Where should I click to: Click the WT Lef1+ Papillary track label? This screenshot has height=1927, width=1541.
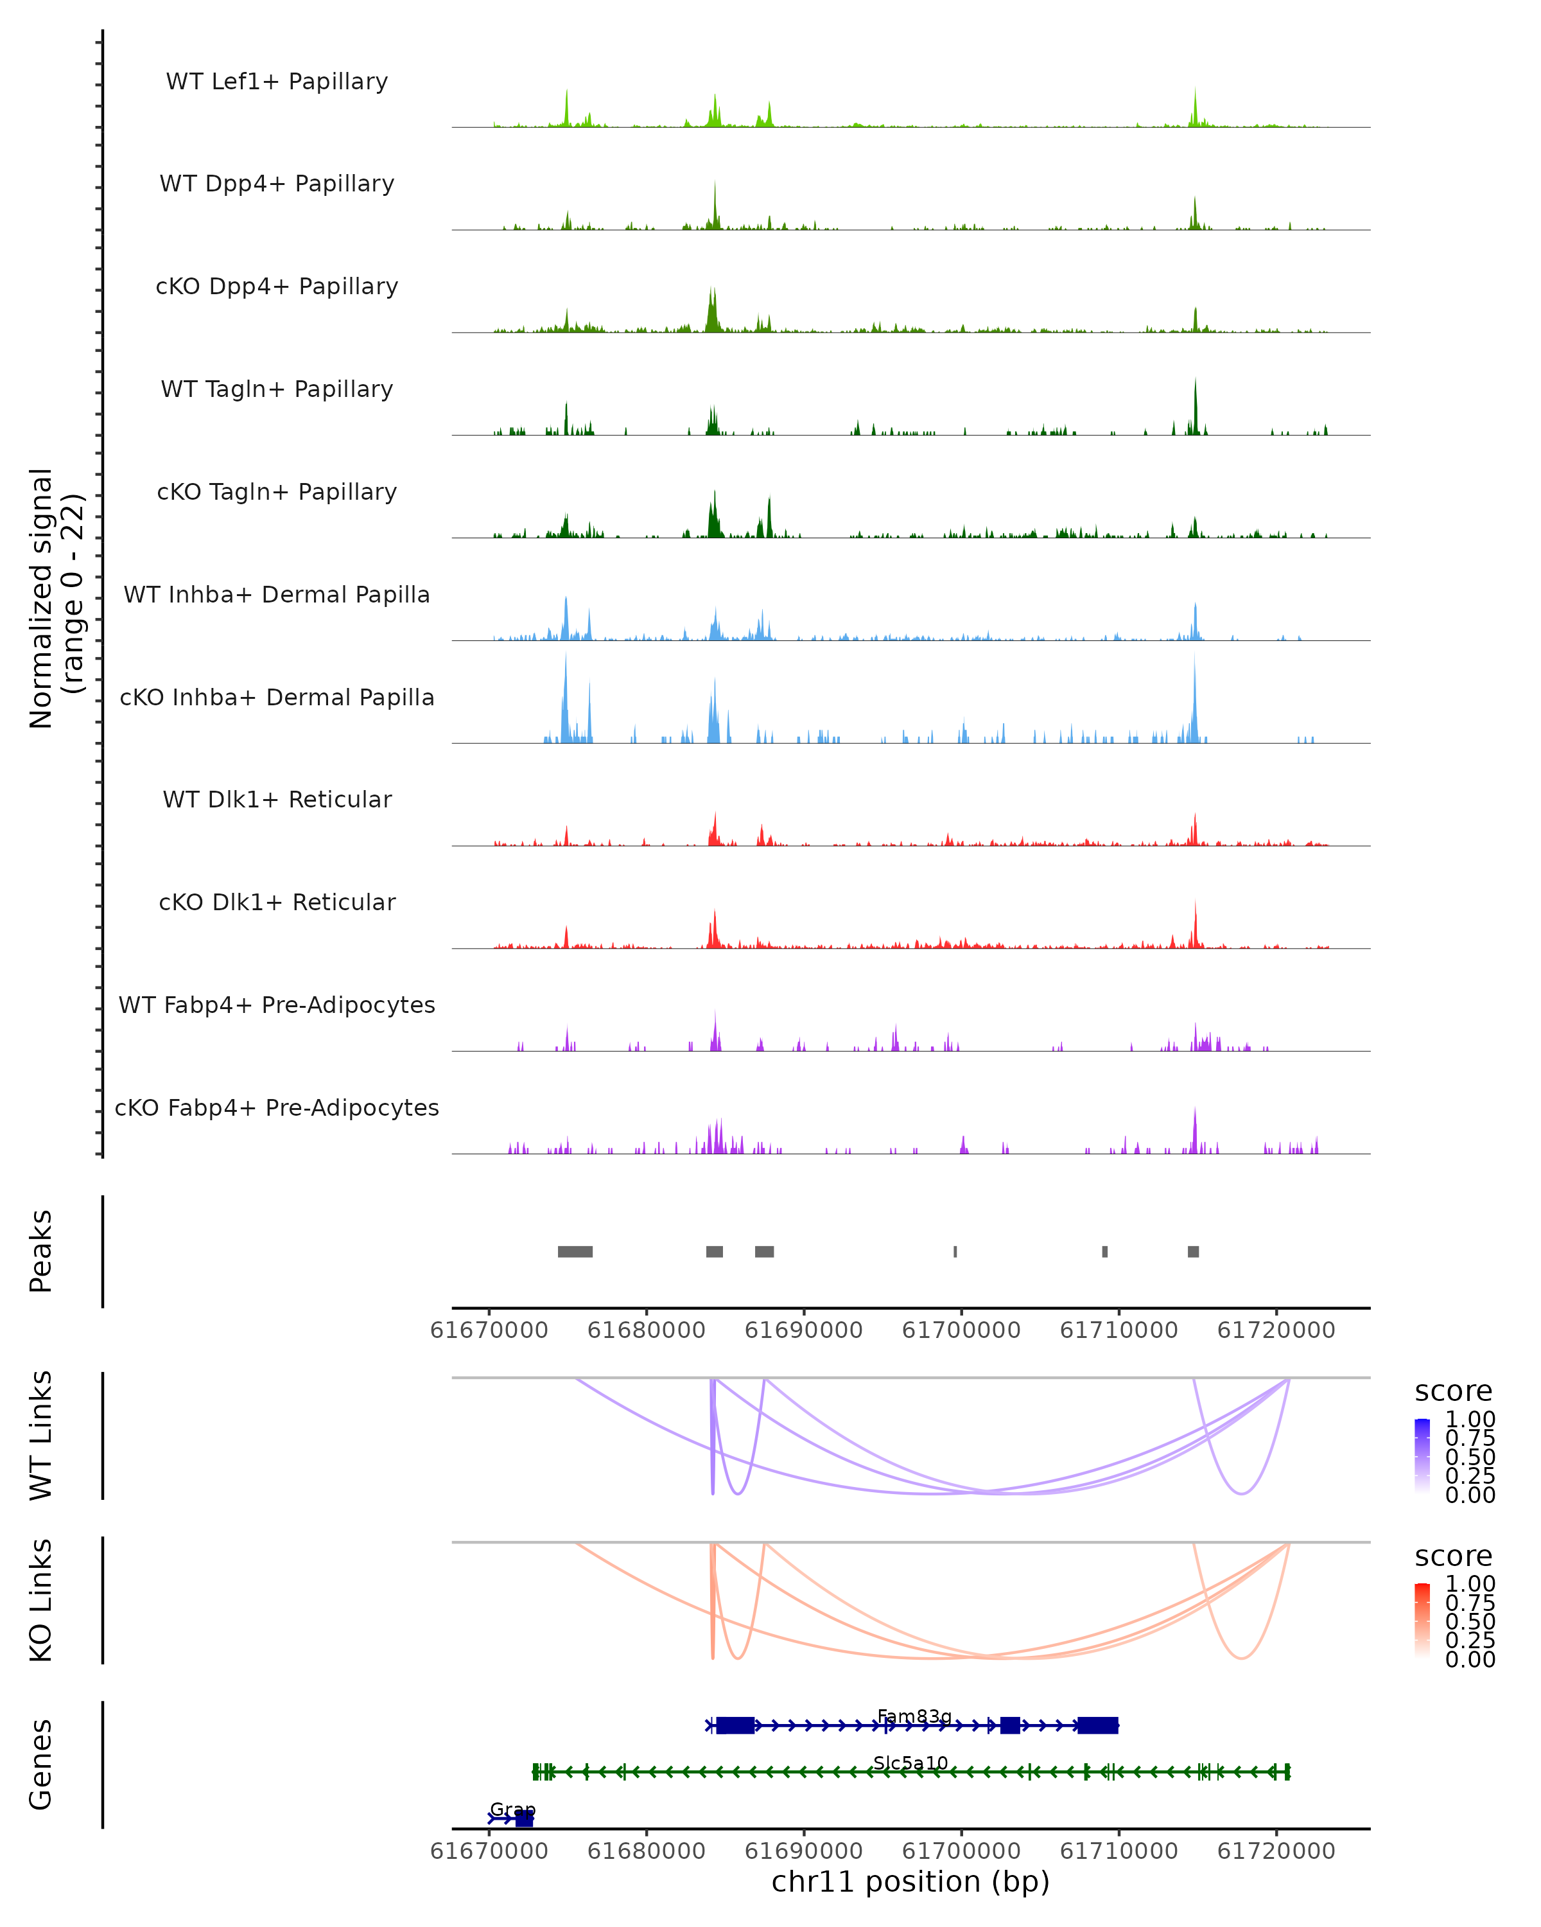click(277, 82)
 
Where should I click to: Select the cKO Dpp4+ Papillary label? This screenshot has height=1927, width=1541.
click(277, 287)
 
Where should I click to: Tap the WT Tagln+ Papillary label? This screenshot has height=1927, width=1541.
click(277, 390)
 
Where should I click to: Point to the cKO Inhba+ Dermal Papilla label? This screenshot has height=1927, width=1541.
click(277, 698)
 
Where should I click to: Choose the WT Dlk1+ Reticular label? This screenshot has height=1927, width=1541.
click(277, 800)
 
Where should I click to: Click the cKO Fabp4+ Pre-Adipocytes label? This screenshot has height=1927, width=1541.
click(277, 1108)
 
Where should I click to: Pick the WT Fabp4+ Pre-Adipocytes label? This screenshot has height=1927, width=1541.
click(277, 1005)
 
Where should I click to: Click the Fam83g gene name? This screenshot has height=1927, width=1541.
click(914, 1717)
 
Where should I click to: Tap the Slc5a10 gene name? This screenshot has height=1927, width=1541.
click(910, 1763)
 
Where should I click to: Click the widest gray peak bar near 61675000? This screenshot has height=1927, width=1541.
click(575, 1252)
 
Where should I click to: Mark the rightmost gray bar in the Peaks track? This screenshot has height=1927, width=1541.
click(1194, 1252)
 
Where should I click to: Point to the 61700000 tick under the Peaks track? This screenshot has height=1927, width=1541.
click(961, 1331)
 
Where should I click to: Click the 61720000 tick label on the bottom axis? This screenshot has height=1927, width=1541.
click(1276, 1851)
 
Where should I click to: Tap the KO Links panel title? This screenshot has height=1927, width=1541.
click(41, 1601)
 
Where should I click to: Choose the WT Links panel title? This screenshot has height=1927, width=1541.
click(41, 1436)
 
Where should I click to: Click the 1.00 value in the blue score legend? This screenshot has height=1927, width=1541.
click(1470, 1420)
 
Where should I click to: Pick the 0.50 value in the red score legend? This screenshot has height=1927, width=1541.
click(1470, 1623)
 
